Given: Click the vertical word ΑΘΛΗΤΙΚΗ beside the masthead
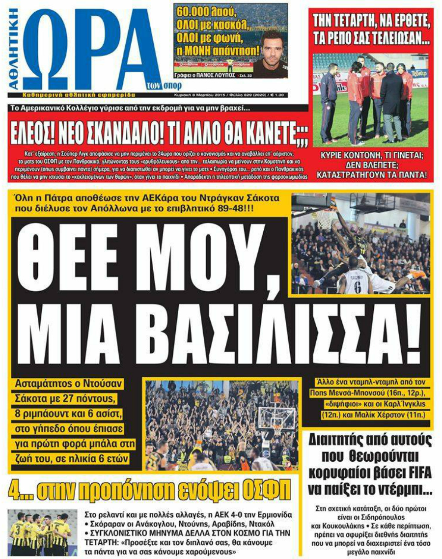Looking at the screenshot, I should point(14,47).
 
